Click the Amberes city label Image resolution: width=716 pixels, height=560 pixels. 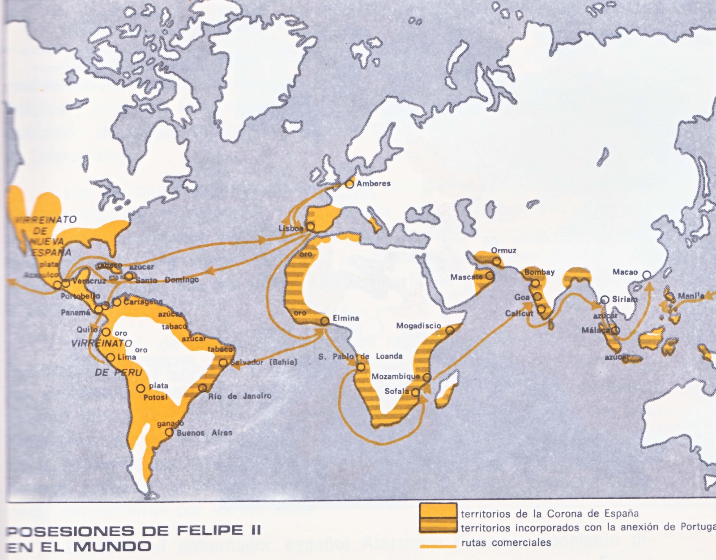click(x=373, y=183)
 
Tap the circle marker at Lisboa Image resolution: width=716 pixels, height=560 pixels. click(x=310, y=227)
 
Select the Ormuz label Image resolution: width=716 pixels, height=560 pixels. click(x=503, y=250)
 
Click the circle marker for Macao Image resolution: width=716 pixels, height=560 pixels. click(x=646, y=275)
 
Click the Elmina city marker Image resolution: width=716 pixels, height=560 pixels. click(x=325, y=321)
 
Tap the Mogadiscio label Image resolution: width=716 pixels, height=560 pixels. click(x=418, y=326)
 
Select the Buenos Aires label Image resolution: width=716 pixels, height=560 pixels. click(x=204, y=433)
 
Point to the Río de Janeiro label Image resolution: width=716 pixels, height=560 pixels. click(x=239, y=396)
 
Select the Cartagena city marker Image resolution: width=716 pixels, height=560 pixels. click(x=116, y=303)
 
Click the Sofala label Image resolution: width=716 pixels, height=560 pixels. click(x=397, y=391)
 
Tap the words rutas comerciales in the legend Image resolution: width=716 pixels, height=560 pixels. click(x=506, y=543)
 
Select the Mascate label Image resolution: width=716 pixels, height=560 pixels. click(x=467, y=277)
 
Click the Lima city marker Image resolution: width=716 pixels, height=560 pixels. click(x=111, y=358)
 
